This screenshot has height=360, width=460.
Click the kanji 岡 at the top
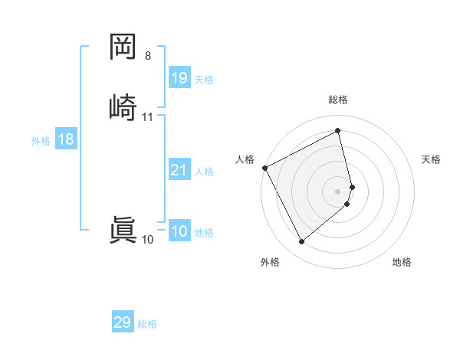[x=123, y=47]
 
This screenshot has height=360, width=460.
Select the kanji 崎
[x=123, y=107]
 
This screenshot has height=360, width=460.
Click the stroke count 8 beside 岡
[x=148, y=56]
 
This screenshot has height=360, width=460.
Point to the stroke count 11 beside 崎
[x=148, y=117]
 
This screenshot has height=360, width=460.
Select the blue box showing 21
[x=179, y=170]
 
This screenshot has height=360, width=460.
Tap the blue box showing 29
[x=123, y=322]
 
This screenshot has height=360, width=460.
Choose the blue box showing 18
[x=65, y=139]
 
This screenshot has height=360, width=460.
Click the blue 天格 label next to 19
[x=204, y=80]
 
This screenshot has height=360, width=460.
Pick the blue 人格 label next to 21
[x=204, y=172]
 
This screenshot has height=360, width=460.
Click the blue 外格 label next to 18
[x=41, y=141]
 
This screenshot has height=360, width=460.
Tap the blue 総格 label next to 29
[x=147, y=324]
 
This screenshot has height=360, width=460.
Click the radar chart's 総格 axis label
[x=338, y=100]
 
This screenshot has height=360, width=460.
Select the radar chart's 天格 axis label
[x=431, y=159]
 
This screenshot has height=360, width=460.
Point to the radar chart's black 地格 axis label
[x=402, y=262]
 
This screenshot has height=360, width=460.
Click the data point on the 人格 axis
[x=264, y=168]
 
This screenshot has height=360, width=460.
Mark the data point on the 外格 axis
[x=301, y=242]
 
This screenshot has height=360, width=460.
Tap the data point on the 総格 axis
[x=338, y=131]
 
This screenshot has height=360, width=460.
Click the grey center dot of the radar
[x=338, y=191]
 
